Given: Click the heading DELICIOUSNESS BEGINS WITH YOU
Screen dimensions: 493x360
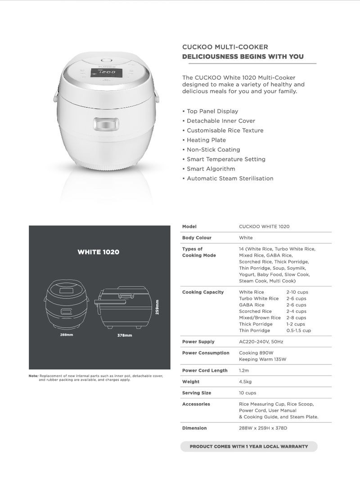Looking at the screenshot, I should coord(243,57).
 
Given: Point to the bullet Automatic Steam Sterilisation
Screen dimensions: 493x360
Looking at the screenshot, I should coord(230,178).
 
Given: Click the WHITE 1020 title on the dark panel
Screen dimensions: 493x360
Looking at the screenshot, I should coord(99,252).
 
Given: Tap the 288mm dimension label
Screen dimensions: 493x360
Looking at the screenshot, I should coord(67,335).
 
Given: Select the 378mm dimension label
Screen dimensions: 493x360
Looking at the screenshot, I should coord(125,335).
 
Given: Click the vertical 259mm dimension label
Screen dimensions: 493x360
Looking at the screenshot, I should coord(157,308).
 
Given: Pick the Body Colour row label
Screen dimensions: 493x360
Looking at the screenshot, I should coord(197,238).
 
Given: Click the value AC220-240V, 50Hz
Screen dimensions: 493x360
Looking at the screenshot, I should coord(261,342).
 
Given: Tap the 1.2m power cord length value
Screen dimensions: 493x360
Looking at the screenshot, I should coord(244,370).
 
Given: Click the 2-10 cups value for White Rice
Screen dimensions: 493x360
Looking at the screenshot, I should coord(297,292).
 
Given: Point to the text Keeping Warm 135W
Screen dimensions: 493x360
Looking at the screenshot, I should coord(262,359).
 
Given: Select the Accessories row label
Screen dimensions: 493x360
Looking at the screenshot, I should coord(196,404).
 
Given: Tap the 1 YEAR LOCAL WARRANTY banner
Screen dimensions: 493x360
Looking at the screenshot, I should coord(249,446).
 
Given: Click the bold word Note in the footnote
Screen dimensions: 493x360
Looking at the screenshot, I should coord(33,376).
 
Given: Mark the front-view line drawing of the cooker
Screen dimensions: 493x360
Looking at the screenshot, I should coord(67,306).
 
